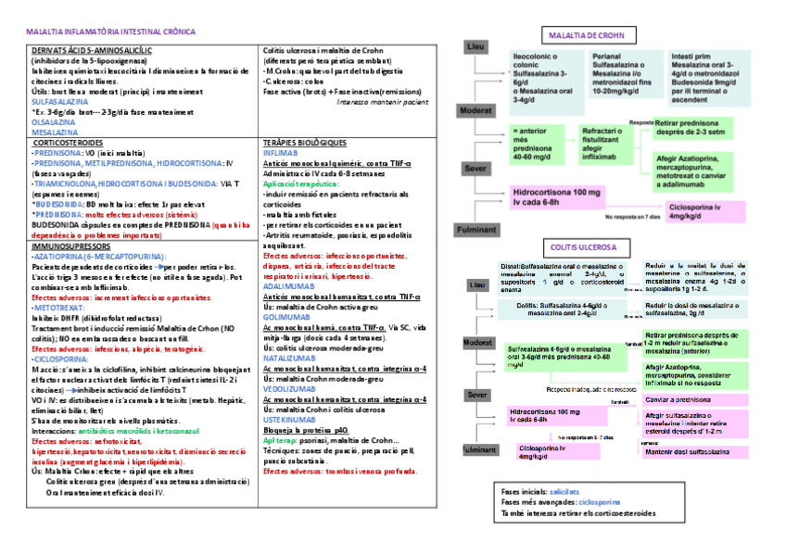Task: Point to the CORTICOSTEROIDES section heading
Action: pos(68,143)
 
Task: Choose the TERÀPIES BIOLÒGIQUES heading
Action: pos(305,143)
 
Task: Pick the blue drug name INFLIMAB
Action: pos(281,152)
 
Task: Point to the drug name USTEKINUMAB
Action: pos(290,419)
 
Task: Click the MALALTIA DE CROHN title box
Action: pos(587,36)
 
